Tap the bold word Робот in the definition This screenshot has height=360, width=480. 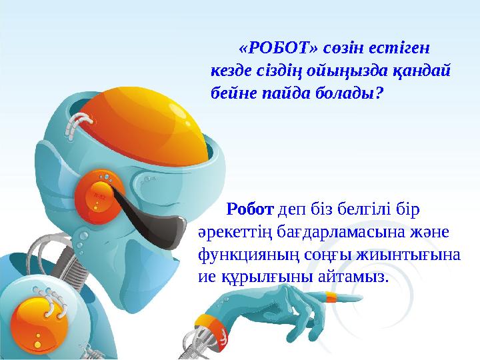pos(250,210)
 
